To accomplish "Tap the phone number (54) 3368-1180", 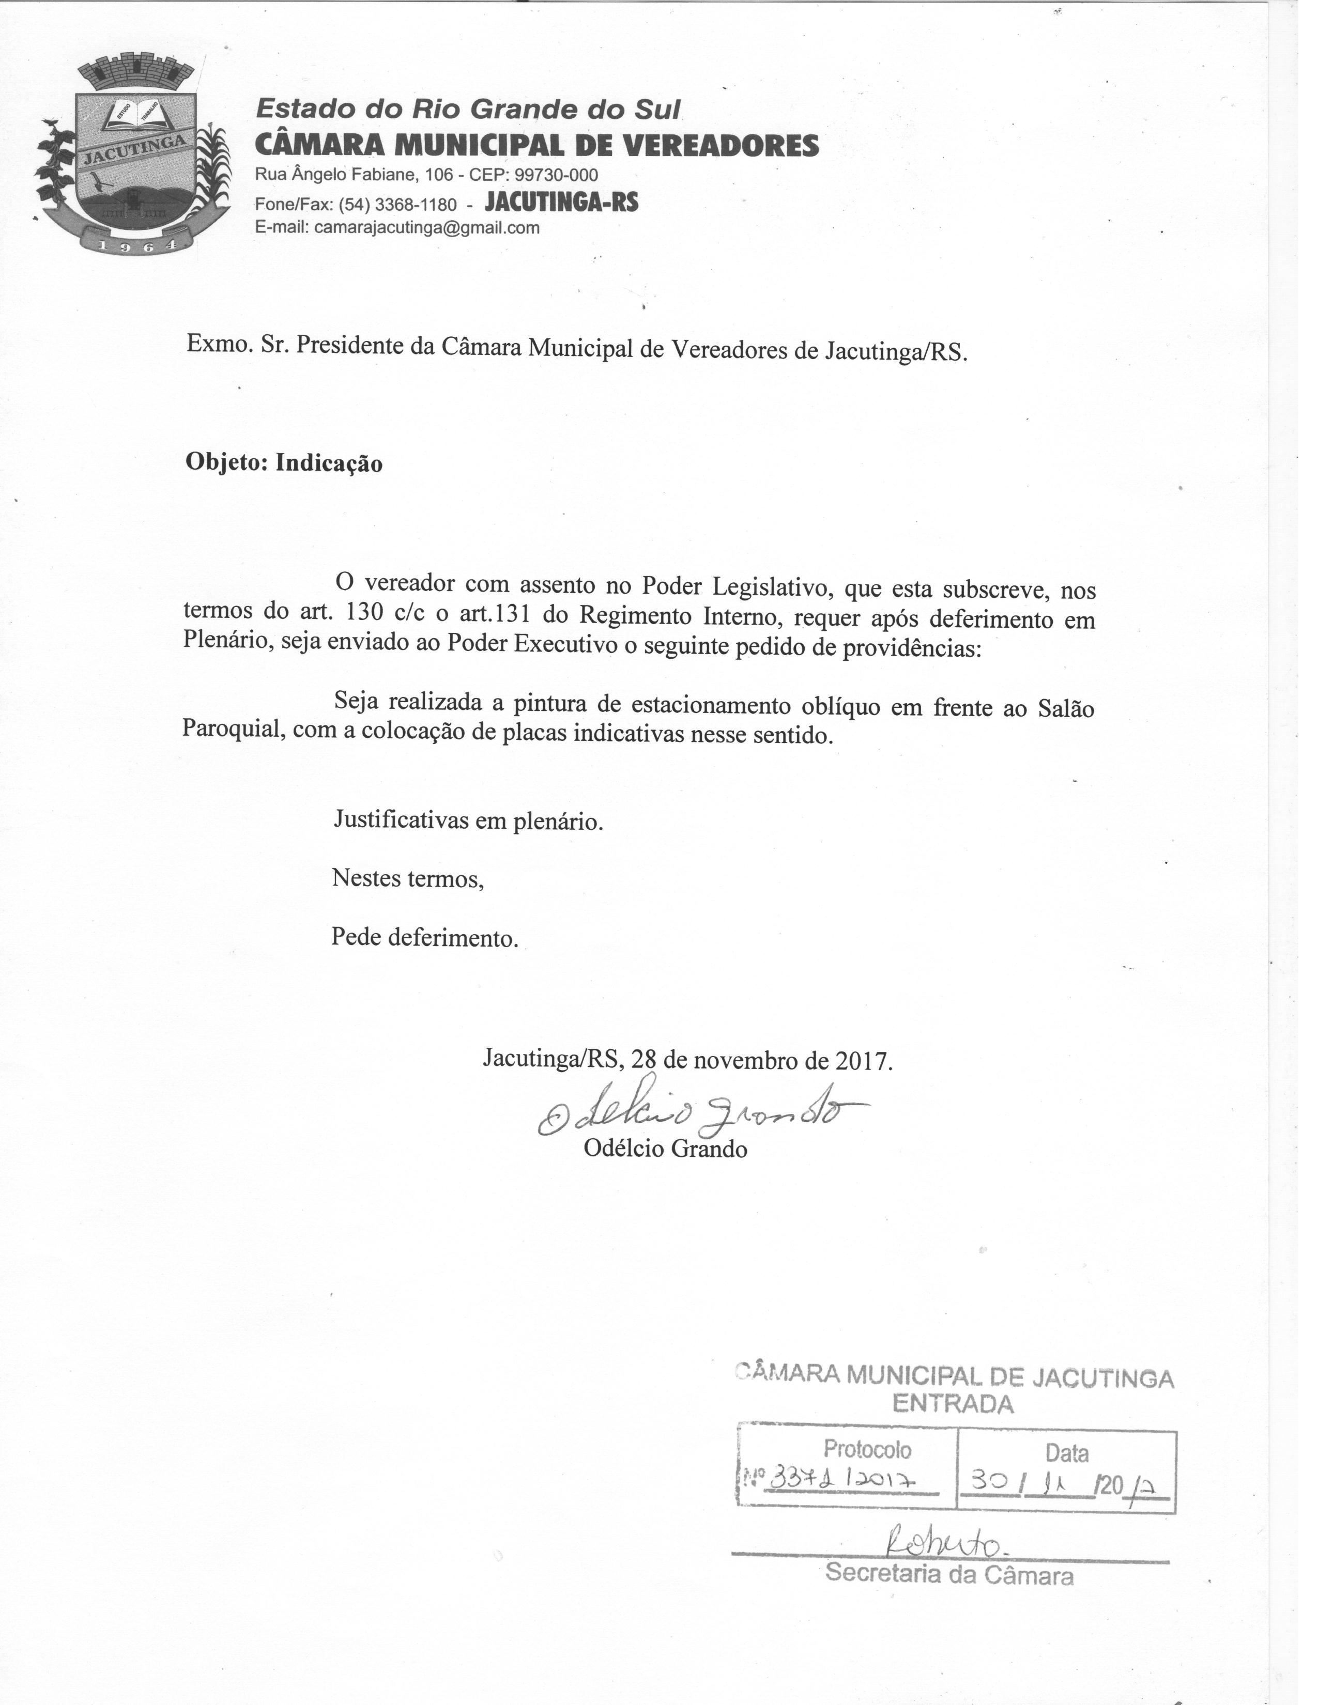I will (397, 205).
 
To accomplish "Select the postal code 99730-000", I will (556, 175).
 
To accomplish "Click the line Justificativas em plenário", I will (468, 820).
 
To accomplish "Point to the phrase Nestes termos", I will (408, 879).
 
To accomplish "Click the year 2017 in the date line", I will (863, 1061).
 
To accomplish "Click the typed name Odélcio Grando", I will (665, 1149).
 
